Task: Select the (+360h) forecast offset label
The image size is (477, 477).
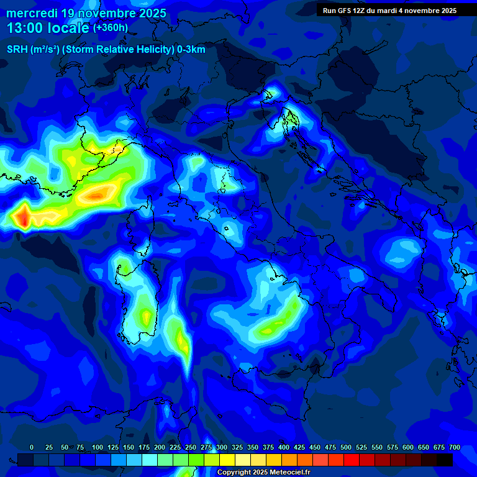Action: [111, 28]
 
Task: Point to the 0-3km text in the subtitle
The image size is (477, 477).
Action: [191, 50]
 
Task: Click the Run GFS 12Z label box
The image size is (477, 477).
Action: [389, 11]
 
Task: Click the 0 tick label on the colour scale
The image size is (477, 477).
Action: [32, 448]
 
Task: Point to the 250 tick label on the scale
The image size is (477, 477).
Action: [191, 448]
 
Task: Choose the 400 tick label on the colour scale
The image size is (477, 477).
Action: [284, 448]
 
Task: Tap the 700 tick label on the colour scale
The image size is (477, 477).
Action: [455, 448]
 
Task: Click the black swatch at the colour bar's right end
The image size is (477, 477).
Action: [445, 460]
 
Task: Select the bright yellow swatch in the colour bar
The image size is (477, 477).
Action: [227, 460]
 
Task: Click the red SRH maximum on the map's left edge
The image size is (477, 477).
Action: [22, 217]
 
